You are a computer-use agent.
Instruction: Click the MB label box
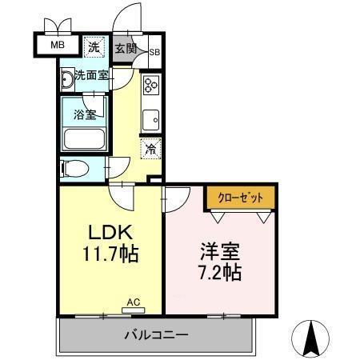[58, 45]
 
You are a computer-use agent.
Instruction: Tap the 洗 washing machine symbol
[94, 47]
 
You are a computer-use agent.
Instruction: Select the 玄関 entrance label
[125, 49]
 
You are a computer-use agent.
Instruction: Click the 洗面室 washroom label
[90, 76]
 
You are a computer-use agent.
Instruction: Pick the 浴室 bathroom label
[86, 114]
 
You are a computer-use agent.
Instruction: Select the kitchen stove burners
[151, 86]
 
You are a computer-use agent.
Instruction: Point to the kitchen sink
[151, 121]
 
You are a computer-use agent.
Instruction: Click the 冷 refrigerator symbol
[150, 147]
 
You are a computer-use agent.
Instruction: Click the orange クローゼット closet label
[240, 196]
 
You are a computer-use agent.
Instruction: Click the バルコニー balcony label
[155, 334]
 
